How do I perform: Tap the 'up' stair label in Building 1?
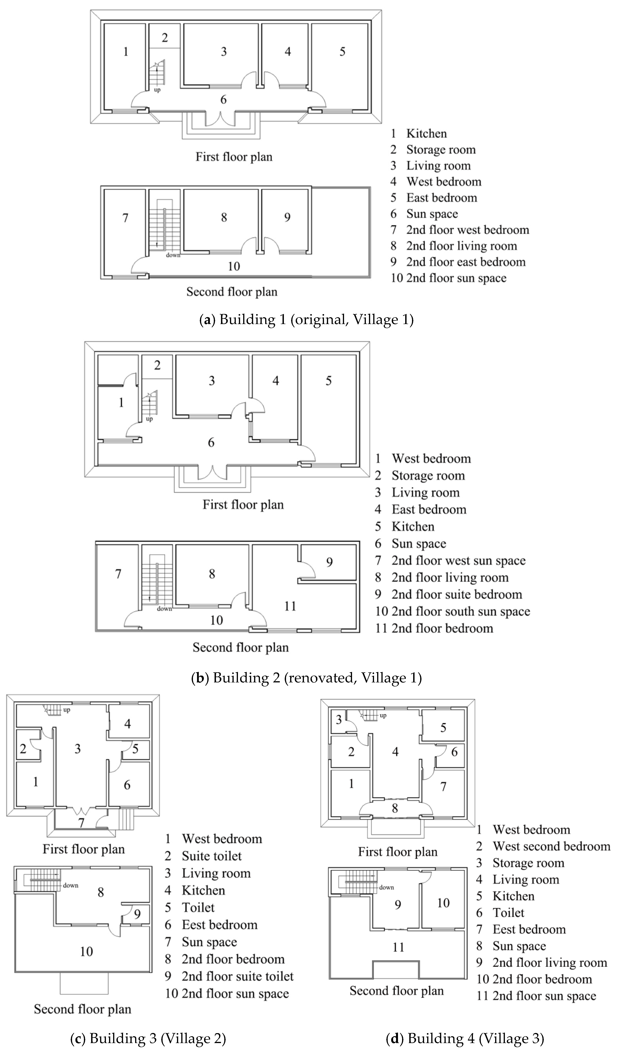coord(157,90)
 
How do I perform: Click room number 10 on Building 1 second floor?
coord(234,266)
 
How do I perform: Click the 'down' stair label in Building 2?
coord(164,609)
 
